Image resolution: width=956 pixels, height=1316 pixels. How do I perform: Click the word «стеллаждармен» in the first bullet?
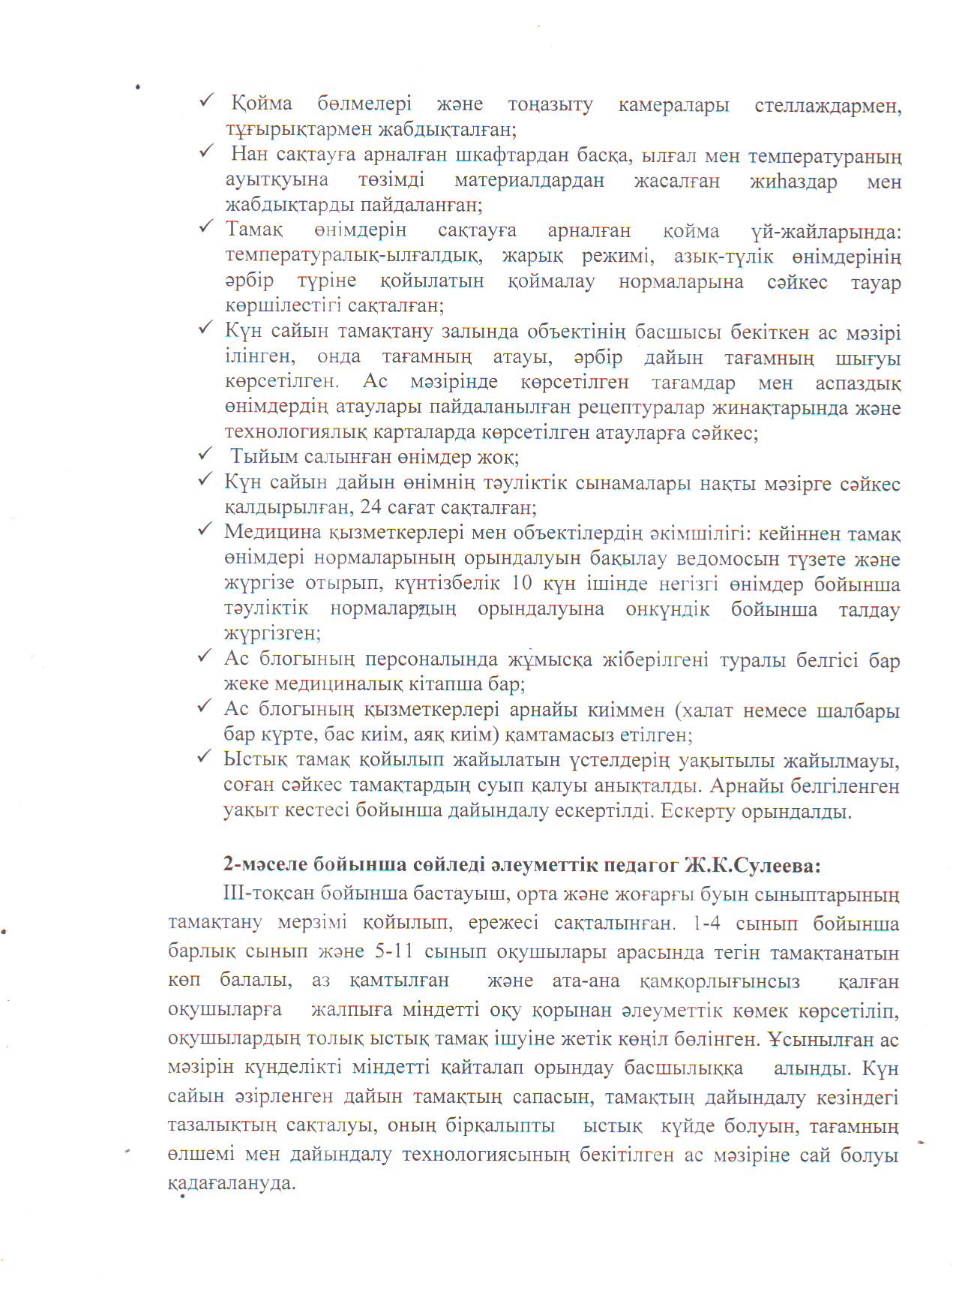coord(828,106)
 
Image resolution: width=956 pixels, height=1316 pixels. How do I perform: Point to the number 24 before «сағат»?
coord(370,507)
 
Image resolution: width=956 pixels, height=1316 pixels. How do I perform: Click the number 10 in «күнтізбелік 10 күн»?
coord(522,584)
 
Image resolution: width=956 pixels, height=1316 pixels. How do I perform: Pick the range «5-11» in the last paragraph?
coord(394,952)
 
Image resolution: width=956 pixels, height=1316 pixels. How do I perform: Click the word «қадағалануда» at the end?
coord(232,1183)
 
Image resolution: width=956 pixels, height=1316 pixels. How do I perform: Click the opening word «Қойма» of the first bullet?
coord(261,104)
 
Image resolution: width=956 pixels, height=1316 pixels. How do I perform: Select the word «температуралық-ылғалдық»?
coord(353,257)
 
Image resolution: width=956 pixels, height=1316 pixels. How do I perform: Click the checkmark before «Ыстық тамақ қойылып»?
coord(204,758)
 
